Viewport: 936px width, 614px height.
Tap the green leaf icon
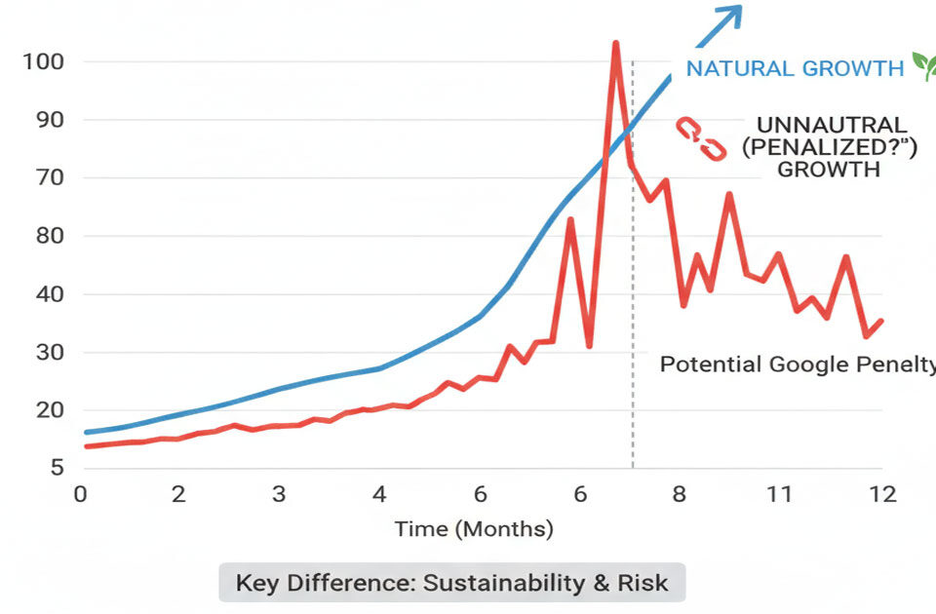click(x=922, y=65)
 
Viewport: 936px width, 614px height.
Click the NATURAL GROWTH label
click(x=795, y=68)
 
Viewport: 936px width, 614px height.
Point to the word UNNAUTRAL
click(x=832, y=126)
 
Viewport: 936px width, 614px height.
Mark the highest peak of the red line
click(x=615, y=45)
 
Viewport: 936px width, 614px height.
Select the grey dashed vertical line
click(x=633, y=292)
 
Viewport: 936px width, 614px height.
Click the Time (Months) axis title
click(x=474, y=529)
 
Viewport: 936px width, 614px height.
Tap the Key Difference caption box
click(x=451, y=583)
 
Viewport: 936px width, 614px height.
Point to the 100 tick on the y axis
click(x=43, y=62)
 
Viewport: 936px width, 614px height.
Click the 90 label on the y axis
click(x=47, y=120)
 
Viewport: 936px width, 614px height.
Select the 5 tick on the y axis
click(x=58, y=468)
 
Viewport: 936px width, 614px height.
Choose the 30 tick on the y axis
click(x=47, y=352)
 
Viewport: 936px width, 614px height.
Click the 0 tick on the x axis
click(x=80, y=494)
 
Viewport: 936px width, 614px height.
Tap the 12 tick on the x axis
click(x=882, y=494)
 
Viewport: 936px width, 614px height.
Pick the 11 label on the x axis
click(x=778, y=494)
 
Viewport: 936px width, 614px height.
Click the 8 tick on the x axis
click(x=679, y=494)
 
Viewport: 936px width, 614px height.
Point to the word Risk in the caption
click(x=643, y=583)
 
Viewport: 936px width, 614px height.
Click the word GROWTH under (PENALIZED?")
click(x=831, y=170)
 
